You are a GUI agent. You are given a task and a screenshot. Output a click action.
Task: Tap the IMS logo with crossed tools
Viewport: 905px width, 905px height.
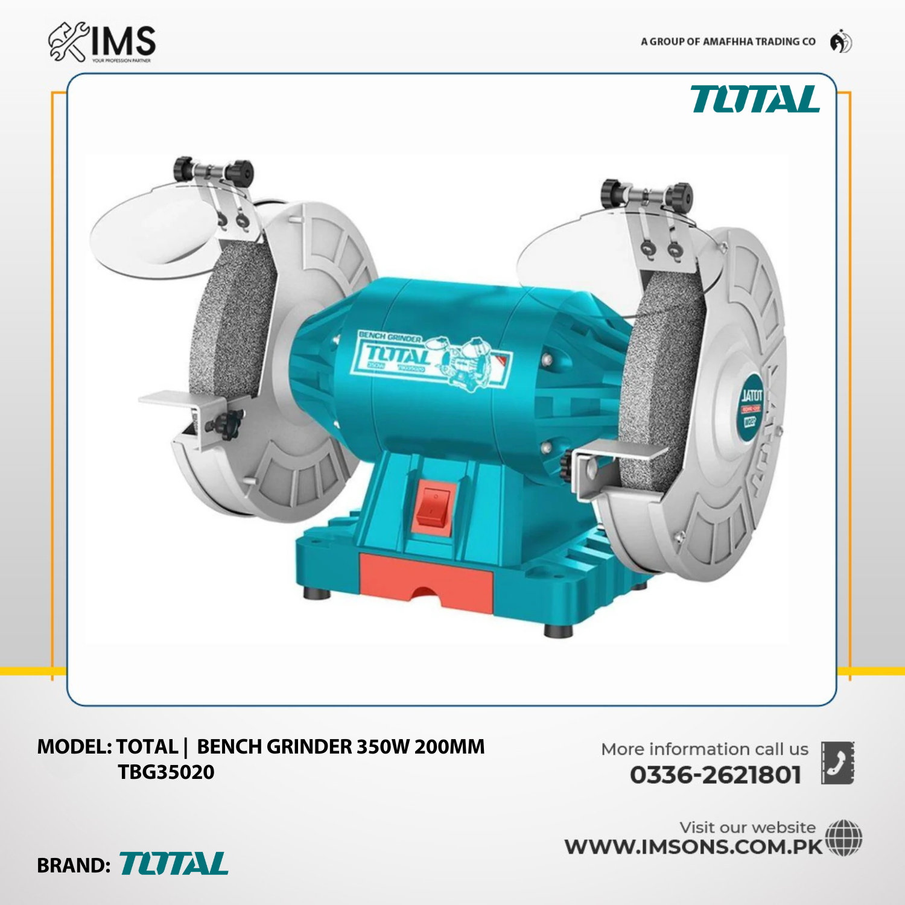(x=102, y=42)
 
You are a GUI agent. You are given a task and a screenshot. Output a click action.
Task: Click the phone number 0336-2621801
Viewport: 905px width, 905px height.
(x=716, y=775)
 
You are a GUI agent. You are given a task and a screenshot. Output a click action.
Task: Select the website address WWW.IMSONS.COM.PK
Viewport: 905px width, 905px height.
(x=694, y=846)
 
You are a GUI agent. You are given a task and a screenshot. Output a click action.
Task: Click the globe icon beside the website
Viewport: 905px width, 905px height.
(x=843, y=837)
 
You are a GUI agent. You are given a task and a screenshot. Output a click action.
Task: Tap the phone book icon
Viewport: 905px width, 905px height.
(x=837, y=763)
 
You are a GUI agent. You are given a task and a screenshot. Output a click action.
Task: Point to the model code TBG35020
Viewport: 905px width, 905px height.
(x=166, y=772)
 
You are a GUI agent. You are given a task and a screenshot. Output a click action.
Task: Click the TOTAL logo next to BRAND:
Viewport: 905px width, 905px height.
(x=174, y=864)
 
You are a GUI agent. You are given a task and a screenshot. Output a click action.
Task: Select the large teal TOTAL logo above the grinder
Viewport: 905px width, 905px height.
(x=755, y=100)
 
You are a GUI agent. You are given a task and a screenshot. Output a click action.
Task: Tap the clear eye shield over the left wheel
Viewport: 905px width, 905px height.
(x=151, y=232)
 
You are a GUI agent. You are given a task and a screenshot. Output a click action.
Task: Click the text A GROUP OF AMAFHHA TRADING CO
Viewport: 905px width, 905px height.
(x=728, y=42)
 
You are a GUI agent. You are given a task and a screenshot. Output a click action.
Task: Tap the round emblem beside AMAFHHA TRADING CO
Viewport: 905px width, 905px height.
(x=840, y=42)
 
